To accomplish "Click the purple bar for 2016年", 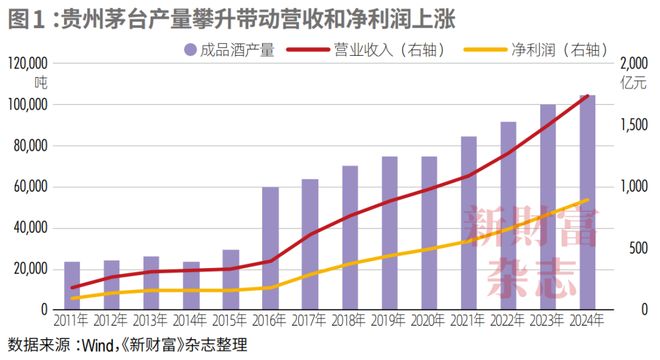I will tap(270, 249).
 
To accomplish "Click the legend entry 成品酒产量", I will tap(229, 49).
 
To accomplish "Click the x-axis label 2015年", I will tap(230, 322).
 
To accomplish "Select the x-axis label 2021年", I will tap(468, 322).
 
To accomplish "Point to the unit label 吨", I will tap(41, 82).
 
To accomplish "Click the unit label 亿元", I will tap(633, 82).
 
